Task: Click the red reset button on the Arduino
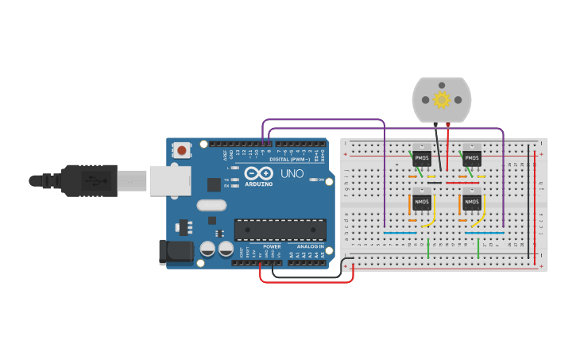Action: (183, 149)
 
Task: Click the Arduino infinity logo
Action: (258, 173)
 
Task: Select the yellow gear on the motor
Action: (442, 99)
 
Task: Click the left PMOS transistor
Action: (421, 158)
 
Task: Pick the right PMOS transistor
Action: (472, 158)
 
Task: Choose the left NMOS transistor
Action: (421, 202)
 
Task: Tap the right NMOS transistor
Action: (472, 202)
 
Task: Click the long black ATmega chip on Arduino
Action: (280, 230)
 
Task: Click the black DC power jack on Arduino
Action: (176, 252)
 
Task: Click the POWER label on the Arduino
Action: (272, 246)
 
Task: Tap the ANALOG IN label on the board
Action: (310, 246)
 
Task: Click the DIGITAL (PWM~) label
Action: (290, 159)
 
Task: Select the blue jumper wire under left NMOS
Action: (400, 233)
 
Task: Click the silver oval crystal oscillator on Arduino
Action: (211, 205)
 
